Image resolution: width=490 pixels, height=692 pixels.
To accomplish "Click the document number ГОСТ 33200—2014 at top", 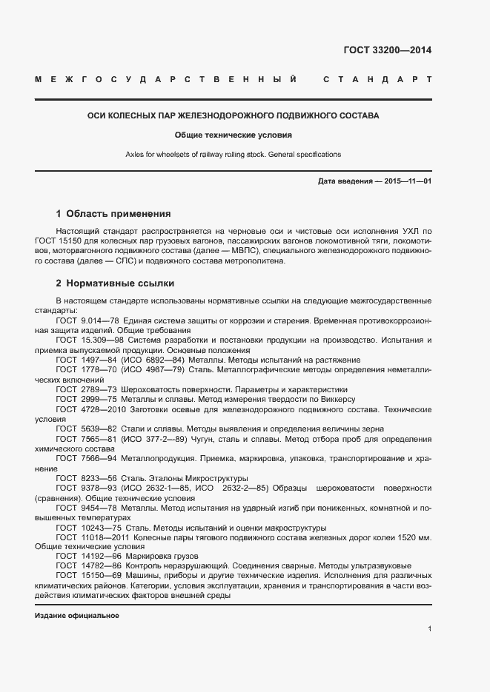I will (x=388, y=51).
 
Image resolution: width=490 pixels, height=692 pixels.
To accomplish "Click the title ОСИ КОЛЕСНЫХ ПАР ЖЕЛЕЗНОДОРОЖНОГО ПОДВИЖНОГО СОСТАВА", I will (x=233, y=116).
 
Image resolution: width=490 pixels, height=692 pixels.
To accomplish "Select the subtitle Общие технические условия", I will (x=233, y=135).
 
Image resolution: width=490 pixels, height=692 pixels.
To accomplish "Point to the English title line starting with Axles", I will (x=233, y=155).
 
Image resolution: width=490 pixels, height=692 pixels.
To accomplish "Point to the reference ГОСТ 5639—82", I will (x=82, y=429).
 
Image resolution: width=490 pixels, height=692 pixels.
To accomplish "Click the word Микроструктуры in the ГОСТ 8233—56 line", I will (x=216, y=478).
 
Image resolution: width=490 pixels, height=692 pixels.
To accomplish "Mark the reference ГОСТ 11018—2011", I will (x=87, y=537).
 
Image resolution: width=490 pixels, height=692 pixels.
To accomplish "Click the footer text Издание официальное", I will (x=77, y=616).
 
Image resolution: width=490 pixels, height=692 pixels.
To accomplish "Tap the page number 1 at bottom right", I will (x=429, y=629).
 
